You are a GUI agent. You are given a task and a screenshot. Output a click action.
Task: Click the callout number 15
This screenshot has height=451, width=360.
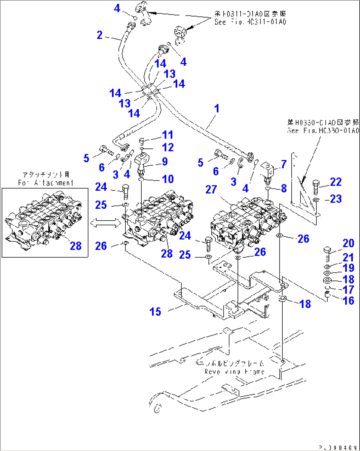tap(155, 311)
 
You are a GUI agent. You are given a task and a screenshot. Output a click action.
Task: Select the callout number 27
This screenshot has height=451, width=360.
tap(211, 189)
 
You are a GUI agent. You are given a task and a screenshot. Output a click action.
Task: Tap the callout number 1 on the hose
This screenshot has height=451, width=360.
tap(217, 108)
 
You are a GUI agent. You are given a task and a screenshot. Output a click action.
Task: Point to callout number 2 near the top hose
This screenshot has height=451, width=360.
tap(99, 35)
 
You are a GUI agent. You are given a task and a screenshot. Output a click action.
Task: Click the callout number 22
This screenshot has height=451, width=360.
tap(336, 182)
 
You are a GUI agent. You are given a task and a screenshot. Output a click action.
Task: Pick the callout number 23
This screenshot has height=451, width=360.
tap(336, 199)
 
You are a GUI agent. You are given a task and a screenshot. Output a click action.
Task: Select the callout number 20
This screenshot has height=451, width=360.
tap(348, 243)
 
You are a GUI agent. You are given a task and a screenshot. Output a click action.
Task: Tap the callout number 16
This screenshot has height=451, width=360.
tap(348, 301)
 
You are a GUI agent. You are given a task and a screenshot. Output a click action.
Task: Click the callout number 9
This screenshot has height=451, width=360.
tap(164, 162)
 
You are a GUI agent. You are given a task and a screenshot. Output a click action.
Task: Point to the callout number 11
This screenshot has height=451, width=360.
tap(168, 135)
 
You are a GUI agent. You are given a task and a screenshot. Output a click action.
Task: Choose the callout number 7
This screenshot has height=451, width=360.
tap(284, 164)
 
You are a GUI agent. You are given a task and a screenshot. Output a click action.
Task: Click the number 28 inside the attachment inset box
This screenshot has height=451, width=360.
tap(76, 246)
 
